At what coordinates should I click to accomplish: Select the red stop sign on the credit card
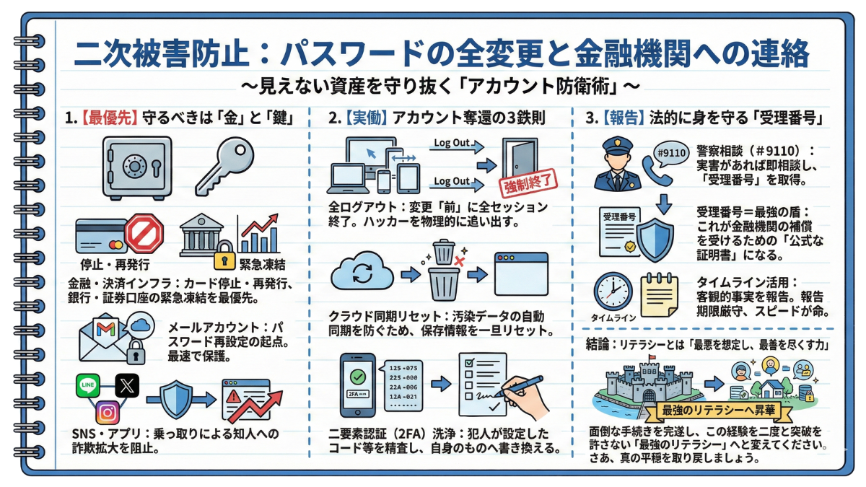click(144, 234)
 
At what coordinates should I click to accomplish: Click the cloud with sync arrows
click(362, 275)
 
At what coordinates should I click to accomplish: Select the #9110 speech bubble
click(670, 153)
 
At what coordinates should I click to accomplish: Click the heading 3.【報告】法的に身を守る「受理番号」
click(706, 117)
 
